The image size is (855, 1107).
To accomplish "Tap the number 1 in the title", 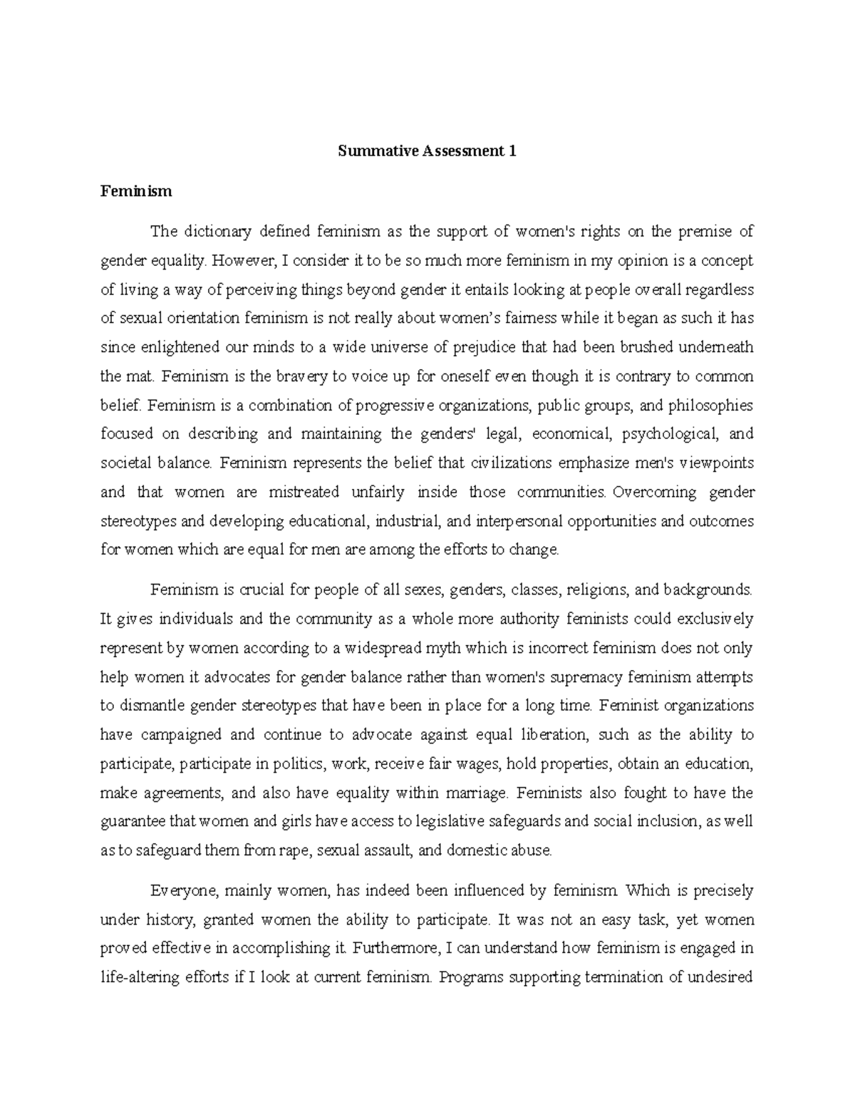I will [512, 151].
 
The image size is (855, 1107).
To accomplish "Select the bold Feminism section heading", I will [136, 191].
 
